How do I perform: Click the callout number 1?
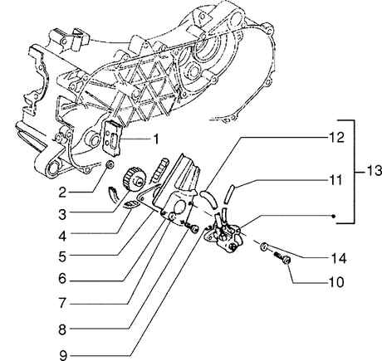(156, 139)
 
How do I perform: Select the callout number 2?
(62, 192)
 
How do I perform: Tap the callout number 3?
(62, 214)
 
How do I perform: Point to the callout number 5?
(62, 256)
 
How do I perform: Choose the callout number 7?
(62, 303)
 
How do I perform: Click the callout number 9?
(63, 355)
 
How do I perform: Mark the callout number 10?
(336, 282)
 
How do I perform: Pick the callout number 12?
(336, 138)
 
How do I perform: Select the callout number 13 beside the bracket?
(375, 171)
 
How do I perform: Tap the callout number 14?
(339, 259)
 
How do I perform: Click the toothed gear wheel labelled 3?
(135, 178)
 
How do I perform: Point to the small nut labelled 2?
(110, 163)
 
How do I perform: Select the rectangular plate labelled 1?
(112, 134)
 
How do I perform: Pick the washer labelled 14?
(263, 246)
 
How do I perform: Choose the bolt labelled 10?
(283, 258)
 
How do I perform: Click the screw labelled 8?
(192, 227)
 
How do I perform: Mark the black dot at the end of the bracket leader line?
(334, 216)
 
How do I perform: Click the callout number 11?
(336, 180)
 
